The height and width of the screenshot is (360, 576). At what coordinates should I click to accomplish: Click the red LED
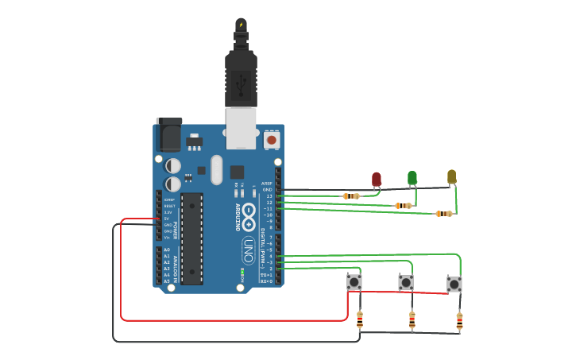click(377, 180)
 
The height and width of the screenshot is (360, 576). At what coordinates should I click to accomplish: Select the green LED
click(412, 177)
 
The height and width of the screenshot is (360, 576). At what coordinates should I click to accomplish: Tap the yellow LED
click(452, 176)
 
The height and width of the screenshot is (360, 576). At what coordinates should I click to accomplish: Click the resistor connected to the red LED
click(351, 196)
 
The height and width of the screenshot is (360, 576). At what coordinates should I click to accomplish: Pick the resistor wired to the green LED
click(404, 206)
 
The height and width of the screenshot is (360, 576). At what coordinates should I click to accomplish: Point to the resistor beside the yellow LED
click(444, 214)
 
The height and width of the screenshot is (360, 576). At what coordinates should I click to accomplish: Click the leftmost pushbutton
click(354, 282)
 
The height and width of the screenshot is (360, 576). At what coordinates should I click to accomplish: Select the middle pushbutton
click(406, 282)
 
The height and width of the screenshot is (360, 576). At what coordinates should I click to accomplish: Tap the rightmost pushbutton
click(454, 284)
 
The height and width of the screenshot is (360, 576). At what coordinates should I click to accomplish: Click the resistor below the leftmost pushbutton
click(360, 319)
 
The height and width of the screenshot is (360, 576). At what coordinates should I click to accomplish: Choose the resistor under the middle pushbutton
click(412, 320)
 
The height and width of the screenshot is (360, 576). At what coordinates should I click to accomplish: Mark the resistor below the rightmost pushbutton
click(459, 321)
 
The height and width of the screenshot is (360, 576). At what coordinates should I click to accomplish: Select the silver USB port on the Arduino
click(241, 128)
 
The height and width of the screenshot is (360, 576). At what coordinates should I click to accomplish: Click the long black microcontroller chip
click(191, 238)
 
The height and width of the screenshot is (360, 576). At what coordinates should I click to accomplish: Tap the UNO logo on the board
click(248, 250)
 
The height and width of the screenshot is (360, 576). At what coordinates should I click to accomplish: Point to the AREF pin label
click(267, 184)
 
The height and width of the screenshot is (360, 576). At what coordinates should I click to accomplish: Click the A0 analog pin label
click(167, 250)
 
